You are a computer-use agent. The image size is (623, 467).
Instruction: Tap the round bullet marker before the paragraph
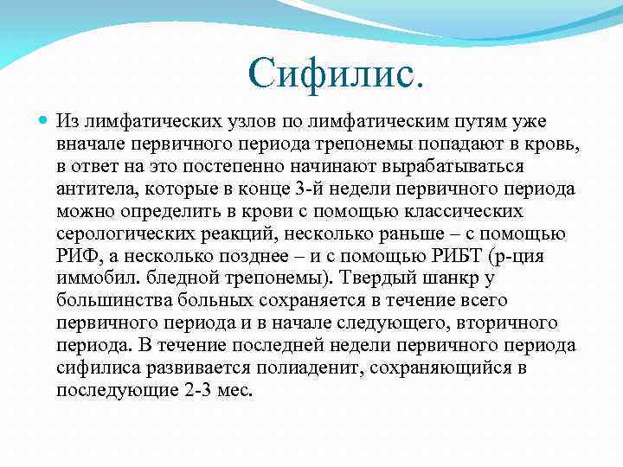coord(44,120)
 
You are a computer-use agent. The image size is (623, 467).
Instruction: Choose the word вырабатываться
coord(475,165)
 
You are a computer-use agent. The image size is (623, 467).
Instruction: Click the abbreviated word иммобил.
coord(91,278)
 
